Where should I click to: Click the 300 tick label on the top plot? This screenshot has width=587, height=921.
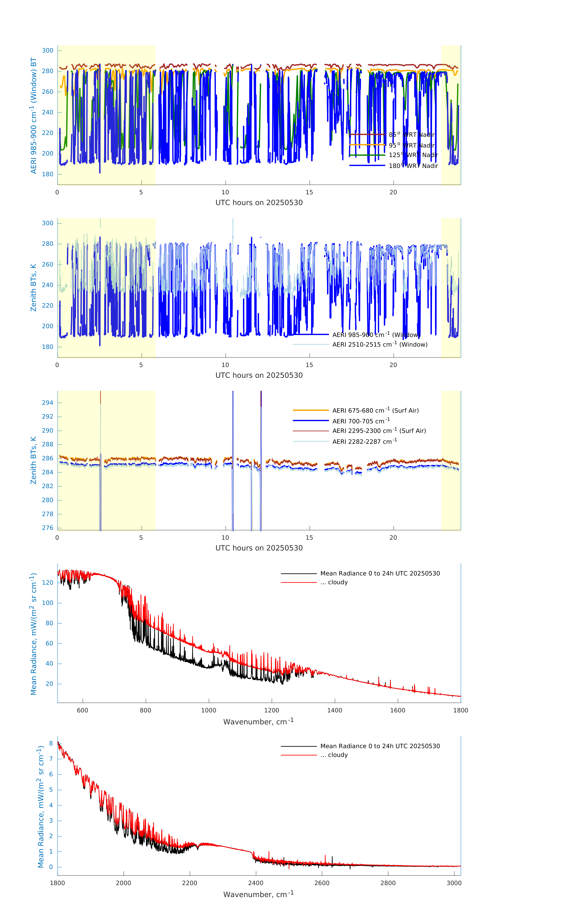click(47, 51)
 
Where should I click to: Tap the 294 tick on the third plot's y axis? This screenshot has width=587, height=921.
click(47, 403)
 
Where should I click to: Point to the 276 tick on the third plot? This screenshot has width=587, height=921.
click(47, 528)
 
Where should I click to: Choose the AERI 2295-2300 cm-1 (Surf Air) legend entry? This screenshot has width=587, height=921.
click(379, 431)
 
